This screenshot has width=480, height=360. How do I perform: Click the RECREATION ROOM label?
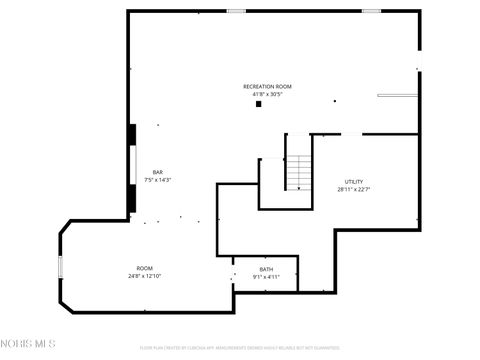(267, 87)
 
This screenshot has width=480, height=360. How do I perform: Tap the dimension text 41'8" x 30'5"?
(267, 94)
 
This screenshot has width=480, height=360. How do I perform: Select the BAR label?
(157, 172)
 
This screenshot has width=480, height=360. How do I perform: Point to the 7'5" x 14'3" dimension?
(157, 180)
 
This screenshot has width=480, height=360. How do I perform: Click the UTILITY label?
(354, 181)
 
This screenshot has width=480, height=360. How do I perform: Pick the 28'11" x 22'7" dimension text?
(354, 189)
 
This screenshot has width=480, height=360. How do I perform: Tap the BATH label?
(266, 269)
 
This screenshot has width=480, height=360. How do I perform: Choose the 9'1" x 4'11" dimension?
(266, 277)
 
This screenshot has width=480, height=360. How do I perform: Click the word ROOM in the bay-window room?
(145, 268)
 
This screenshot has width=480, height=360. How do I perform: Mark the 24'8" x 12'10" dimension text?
(145, 276)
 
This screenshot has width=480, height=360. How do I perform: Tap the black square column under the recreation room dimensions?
(258, 103)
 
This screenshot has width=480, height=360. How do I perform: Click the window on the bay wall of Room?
(60, 266)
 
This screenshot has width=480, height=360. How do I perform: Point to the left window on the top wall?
(236, 11)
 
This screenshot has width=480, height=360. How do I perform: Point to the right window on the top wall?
(371, 11)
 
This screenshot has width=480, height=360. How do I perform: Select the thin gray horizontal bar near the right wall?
(396, 96)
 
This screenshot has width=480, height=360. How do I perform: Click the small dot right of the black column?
(334, 101)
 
